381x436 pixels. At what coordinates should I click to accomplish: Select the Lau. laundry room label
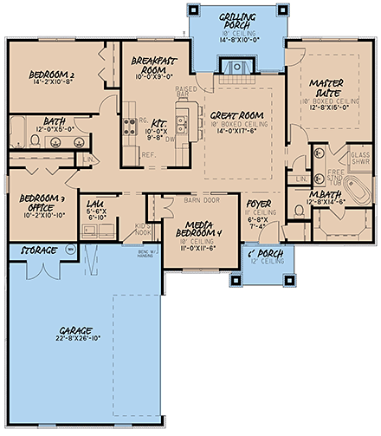click(96, 203)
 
